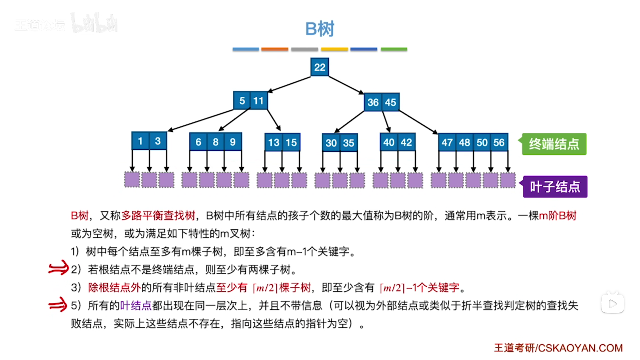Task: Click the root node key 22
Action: (x=319, y=67)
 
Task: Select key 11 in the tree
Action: (x=259, y=101)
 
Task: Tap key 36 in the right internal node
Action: (x=373, y=102)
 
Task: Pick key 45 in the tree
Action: (x=390, y=102)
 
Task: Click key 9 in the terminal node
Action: (x=233, y=142)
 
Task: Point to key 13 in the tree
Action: (x=274, y=143)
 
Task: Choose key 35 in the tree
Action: (x=349, y=143)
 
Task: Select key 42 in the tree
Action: (x=406, y=142)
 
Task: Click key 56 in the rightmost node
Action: (x=499, y=142)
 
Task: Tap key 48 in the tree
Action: (x=464, y=142)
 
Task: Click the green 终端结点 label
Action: (x=554, y=144)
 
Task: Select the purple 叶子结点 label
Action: (x=555, y=187)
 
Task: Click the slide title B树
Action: (x=320, y=29)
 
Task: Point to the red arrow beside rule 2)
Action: (x=58, y=268)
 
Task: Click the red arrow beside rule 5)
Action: (x=58, y=304)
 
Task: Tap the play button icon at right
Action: (x=612, y=303)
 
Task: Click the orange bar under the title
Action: (x=275, y=49)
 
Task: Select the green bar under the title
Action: (x=394, y=49)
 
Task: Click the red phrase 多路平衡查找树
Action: (x=158, y=216)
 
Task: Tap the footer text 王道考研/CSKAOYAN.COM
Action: (x=558, y=348)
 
